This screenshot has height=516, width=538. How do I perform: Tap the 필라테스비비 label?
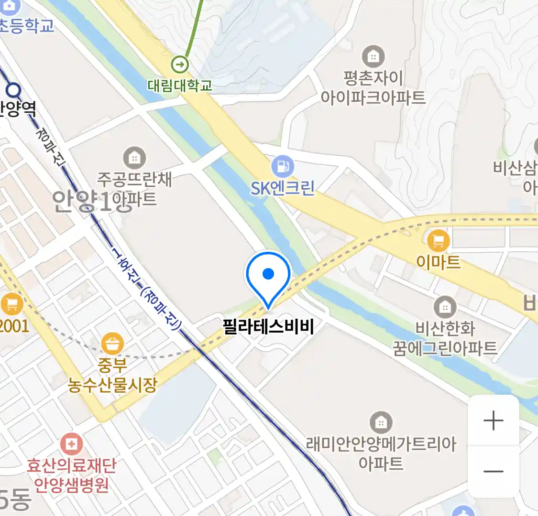(x=268, y=327)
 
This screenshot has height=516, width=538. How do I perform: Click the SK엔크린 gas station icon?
(x=282, y=167)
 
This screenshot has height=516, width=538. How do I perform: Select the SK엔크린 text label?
(x=283, y=188)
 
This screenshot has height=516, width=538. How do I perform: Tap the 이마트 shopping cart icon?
(x=438, y=240)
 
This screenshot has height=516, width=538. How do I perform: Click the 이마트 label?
(x=438, y=262)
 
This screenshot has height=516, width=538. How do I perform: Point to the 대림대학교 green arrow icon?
(x=180, y=64)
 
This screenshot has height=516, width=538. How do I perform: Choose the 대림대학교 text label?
(x=180, y=86)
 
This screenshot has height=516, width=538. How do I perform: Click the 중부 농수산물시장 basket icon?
(x=112, y=344)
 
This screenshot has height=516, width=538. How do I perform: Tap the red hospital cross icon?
(x=71, y=444)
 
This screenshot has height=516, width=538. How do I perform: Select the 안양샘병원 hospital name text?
(x=71, y=484)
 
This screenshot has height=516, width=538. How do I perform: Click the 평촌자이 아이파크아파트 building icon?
(x=373, y=57)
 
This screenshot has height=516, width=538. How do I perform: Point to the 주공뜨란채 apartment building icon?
(x=134, y=158)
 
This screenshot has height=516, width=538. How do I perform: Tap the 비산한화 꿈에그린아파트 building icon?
(x=445, y=307)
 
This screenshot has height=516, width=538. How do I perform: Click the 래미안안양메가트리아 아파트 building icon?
(x=381, y=422)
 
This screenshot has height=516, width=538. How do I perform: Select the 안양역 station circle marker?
(x=14, y=90)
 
